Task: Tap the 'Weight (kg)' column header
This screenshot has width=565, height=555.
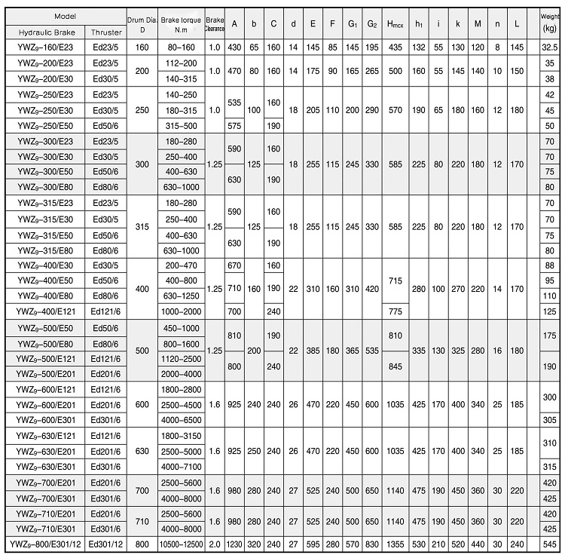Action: (549, 24)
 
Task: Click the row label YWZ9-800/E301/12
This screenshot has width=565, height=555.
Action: (43, 544)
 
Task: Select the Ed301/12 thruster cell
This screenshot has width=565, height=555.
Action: (105, 544)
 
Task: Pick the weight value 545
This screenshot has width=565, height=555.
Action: (549, 544)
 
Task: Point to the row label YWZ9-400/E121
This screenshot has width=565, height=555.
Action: (43, 311)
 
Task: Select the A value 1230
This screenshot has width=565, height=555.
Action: (235, 544)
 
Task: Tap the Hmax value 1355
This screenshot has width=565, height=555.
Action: (395, 544)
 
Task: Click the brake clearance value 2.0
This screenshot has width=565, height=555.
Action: (215, 544)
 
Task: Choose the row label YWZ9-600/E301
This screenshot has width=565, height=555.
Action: (43, 420)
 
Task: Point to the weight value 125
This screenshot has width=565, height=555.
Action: (549, 311)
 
